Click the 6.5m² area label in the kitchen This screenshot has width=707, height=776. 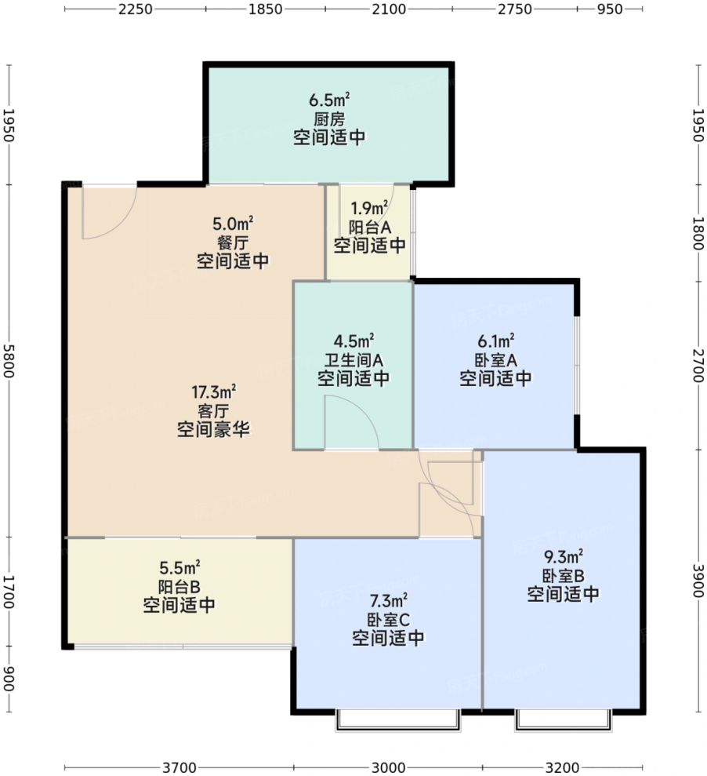click(x=329, y=100)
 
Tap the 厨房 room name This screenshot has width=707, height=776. click(x=329, y=119)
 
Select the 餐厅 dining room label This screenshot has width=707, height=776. click(x=233, y=243)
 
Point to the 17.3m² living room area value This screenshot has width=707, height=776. click(x=213, y=392)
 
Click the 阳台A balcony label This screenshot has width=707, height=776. click(x=370, y=228)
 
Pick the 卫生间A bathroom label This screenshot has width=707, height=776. click(x=353, y=360)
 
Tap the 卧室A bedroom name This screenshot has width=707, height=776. click(x=496, y=360)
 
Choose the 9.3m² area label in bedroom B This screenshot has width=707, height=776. click(x=564, y=557)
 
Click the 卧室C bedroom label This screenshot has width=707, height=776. click(x=388, y=620)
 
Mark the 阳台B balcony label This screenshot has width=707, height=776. click(x=179, y=586)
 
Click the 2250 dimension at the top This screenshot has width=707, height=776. click(x=136, y=9)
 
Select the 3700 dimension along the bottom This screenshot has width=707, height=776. click(x=179, y=767)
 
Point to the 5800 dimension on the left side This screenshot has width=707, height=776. click(x=9, y=361)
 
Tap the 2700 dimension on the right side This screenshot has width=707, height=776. click(x=698, y=366)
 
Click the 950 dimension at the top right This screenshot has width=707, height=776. click(x=610, y=9)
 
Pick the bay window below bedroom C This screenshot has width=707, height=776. click(x=398, y=721)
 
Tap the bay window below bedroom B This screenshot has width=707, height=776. click(x=563, y=721)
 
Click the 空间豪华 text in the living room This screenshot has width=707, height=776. click(x=213, y=429)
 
